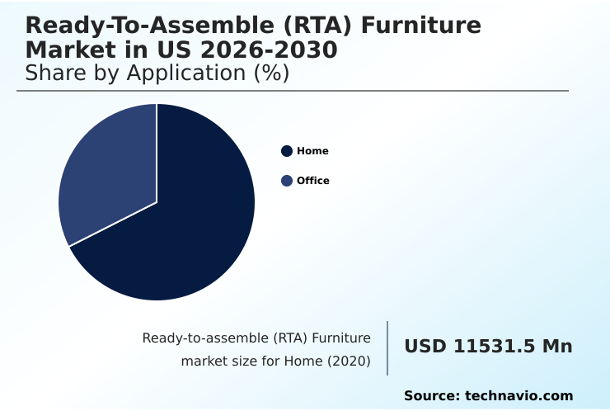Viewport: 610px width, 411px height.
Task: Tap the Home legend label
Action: (312, 151)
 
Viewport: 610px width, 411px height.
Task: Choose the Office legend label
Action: (313, 181)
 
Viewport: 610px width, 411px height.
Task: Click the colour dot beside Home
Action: (287, 151)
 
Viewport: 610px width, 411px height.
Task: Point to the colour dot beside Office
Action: (287, 181)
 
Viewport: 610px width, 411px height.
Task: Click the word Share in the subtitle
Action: (55, 73)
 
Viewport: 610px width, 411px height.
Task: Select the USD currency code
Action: (425, 347)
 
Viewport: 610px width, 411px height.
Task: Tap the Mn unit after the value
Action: (556, 347)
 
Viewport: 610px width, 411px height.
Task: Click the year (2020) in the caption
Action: (350, 361)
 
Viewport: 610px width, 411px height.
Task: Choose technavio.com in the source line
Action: (518, 396)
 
